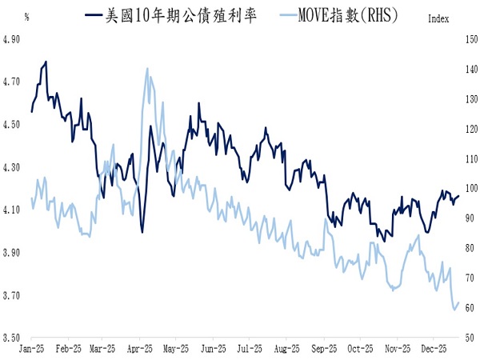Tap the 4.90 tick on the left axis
tap(12, 38)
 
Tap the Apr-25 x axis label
tap(140, 349)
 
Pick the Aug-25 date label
tap(286, 349)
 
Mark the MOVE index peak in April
tap(147, 68)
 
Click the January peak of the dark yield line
tap(46, 61)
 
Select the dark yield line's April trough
tap(142, 232)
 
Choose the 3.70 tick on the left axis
tap(12, 295)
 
